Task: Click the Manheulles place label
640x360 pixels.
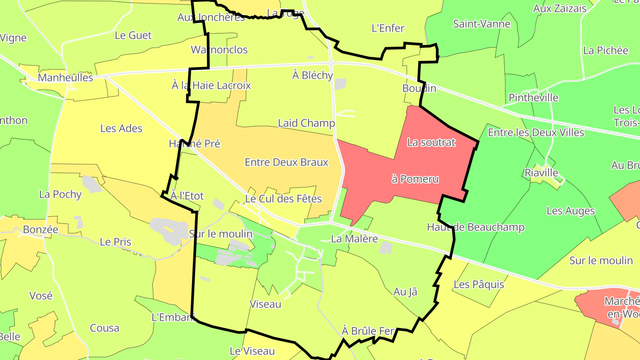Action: click(x=66, y=78)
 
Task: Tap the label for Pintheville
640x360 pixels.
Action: click(x=533, y=98)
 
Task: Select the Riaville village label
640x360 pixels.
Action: click(x=541, y=172)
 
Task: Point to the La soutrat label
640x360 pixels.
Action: click(x=431, y=143)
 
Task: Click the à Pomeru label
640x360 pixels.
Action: click(x=415, y=179)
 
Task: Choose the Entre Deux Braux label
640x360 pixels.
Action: click(x=287, y=162)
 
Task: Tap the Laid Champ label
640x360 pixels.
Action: click(x=306, y=123)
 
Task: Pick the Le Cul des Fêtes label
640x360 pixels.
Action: click(x=283, y=198)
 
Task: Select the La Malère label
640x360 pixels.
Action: click(x=354, y=239)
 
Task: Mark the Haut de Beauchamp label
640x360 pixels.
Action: click(x=476, y=227)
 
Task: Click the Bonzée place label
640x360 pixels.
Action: click(x=40, y=230)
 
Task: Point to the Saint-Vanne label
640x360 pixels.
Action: click(x=481, y=24)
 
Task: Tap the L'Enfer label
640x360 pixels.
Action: click(x=388, y=28)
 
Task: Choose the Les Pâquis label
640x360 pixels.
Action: click(x=479, y=284)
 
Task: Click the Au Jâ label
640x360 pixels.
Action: click(x=405, y=292)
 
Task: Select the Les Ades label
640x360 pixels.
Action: click(x=121, y=128)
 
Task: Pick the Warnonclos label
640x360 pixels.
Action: click(x=219, y=50)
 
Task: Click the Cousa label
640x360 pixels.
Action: click(x=104, y=328)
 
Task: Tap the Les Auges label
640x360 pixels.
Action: click(x=571, y=211)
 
